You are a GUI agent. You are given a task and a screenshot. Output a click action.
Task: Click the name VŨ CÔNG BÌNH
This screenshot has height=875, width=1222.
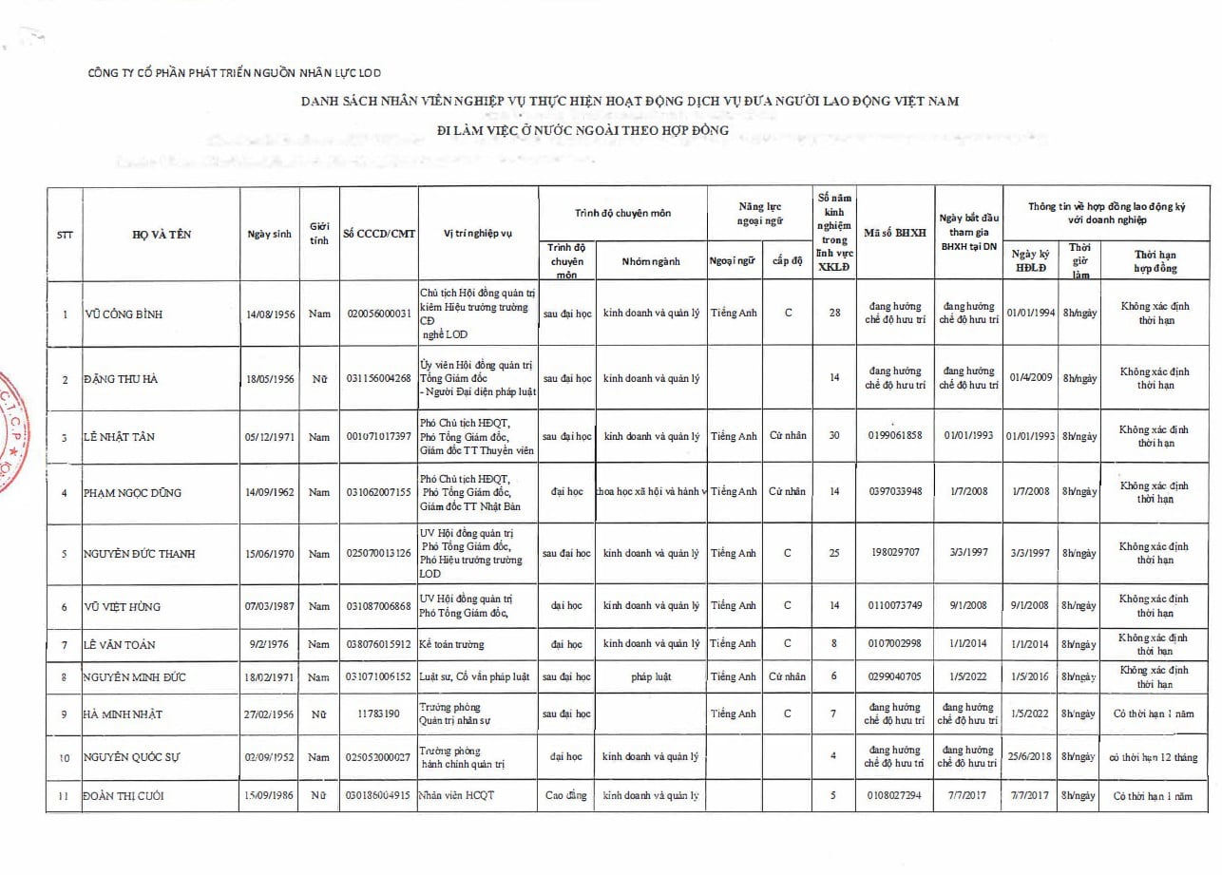(x=123, y=314)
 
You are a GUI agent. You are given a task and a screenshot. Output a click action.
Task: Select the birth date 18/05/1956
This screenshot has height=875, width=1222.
(x=269, y=379)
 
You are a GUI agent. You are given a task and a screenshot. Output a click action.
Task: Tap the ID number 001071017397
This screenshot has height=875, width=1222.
(x=379, y=437)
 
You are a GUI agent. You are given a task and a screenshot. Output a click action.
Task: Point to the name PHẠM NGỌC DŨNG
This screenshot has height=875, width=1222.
(x=132, y=493)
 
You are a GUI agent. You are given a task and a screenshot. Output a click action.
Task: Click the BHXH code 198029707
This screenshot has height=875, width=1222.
(x=895, y=553)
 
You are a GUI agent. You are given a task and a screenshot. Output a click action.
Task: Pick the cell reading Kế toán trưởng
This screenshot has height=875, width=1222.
(x=452, y=644)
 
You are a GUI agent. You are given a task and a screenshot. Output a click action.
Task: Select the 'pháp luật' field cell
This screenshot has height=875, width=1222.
(x=651, y=676)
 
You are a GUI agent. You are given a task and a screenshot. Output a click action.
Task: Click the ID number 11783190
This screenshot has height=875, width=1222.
(x=379, y=713)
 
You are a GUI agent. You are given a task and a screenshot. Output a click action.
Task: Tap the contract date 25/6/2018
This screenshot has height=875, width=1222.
(x=1030, y=757)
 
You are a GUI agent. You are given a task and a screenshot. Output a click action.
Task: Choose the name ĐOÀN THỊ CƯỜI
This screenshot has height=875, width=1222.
(x=123, y=796)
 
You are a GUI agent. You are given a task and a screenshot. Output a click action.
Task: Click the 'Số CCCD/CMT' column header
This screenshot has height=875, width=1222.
(x=379, y=234)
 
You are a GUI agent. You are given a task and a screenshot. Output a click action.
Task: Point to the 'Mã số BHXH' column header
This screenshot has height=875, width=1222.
(x=895, y=234)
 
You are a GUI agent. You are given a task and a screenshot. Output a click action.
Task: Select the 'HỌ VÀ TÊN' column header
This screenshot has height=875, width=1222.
(x=162, y=235)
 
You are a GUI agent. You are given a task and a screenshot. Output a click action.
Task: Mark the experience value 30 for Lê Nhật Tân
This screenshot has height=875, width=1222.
(x=834, y=437)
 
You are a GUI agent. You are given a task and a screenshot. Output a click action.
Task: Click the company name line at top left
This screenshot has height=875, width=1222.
(x=234, y=73)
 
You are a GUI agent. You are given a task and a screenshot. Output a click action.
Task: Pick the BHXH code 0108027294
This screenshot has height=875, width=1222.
(x=895, y=796)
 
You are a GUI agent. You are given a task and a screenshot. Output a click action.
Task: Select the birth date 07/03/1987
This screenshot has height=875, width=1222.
(x=269, y=606)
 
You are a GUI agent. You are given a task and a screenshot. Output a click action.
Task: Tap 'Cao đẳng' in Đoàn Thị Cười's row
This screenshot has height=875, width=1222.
(x=566, y=795)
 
